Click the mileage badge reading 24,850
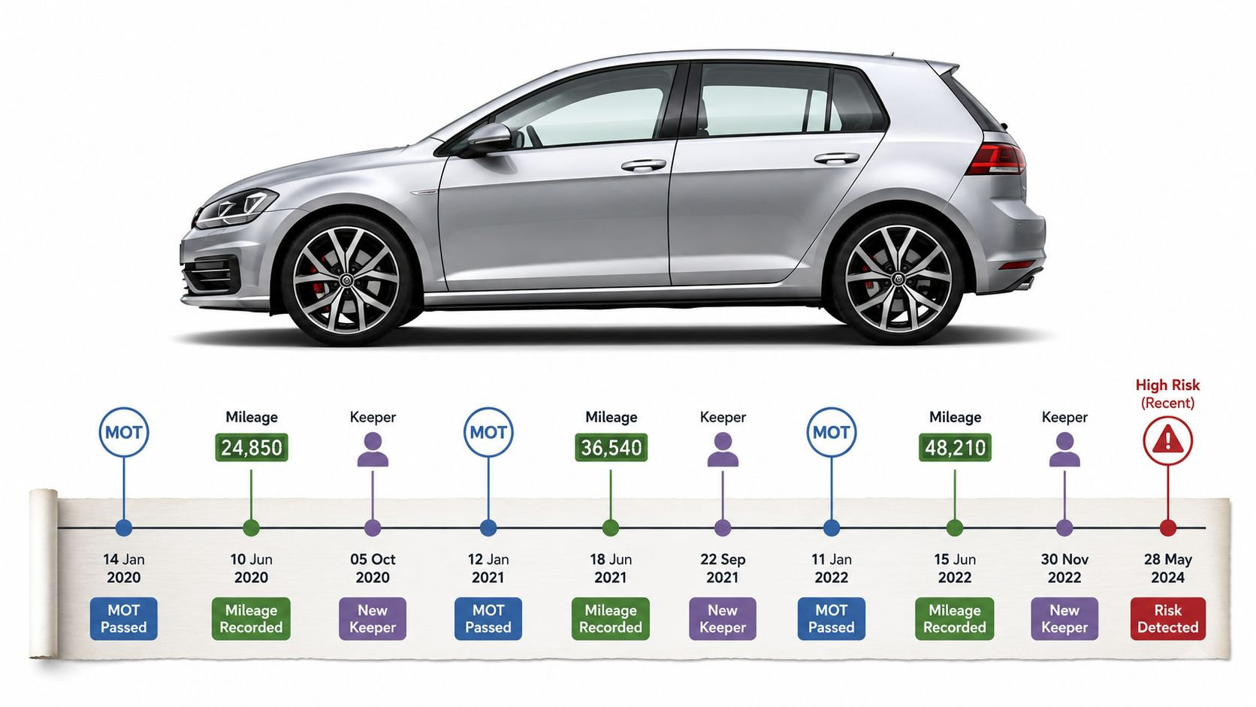click(x=251, y=447)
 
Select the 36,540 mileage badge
click(x=611, y=447)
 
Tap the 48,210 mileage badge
click(x=955, y=447)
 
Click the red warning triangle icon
click(x=1167, y=440)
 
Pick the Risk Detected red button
click(x=1168, y=619)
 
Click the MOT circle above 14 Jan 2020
click(x=124, y=432)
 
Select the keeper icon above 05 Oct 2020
click(x=373, y=449)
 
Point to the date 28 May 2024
click(x=1168, y=568)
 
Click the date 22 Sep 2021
click(x=723, y=568)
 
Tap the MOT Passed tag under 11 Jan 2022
click(x=831, y=619)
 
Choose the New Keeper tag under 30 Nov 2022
click(x=1064, y=619)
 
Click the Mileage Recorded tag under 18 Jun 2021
click(x=611, y=619)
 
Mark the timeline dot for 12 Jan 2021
click(x=488, y=527)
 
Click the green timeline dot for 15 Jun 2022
click(x=954, y=527)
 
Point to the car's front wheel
click(x=346, y=279)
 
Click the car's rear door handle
click(x=837, y=159)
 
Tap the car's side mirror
click(x=489, y=137)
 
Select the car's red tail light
click(x=996, y=159)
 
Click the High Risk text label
click(x=1168, y=385)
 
